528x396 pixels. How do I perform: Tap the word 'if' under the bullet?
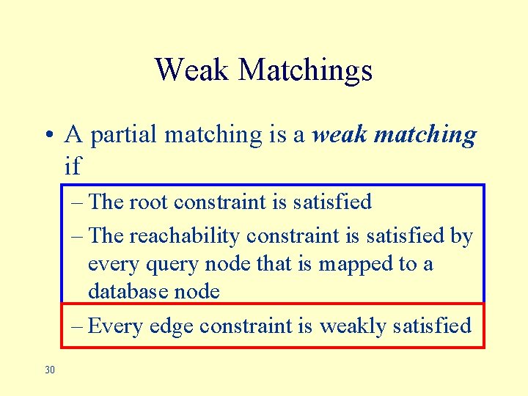[73, 166]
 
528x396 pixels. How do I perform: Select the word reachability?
[186, 236]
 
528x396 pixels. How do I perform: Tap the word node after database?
[197, 291]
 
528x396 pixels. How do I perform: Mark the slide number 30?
[50, 370]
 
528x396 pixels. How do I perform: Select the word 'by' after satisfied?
[461, 237]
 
